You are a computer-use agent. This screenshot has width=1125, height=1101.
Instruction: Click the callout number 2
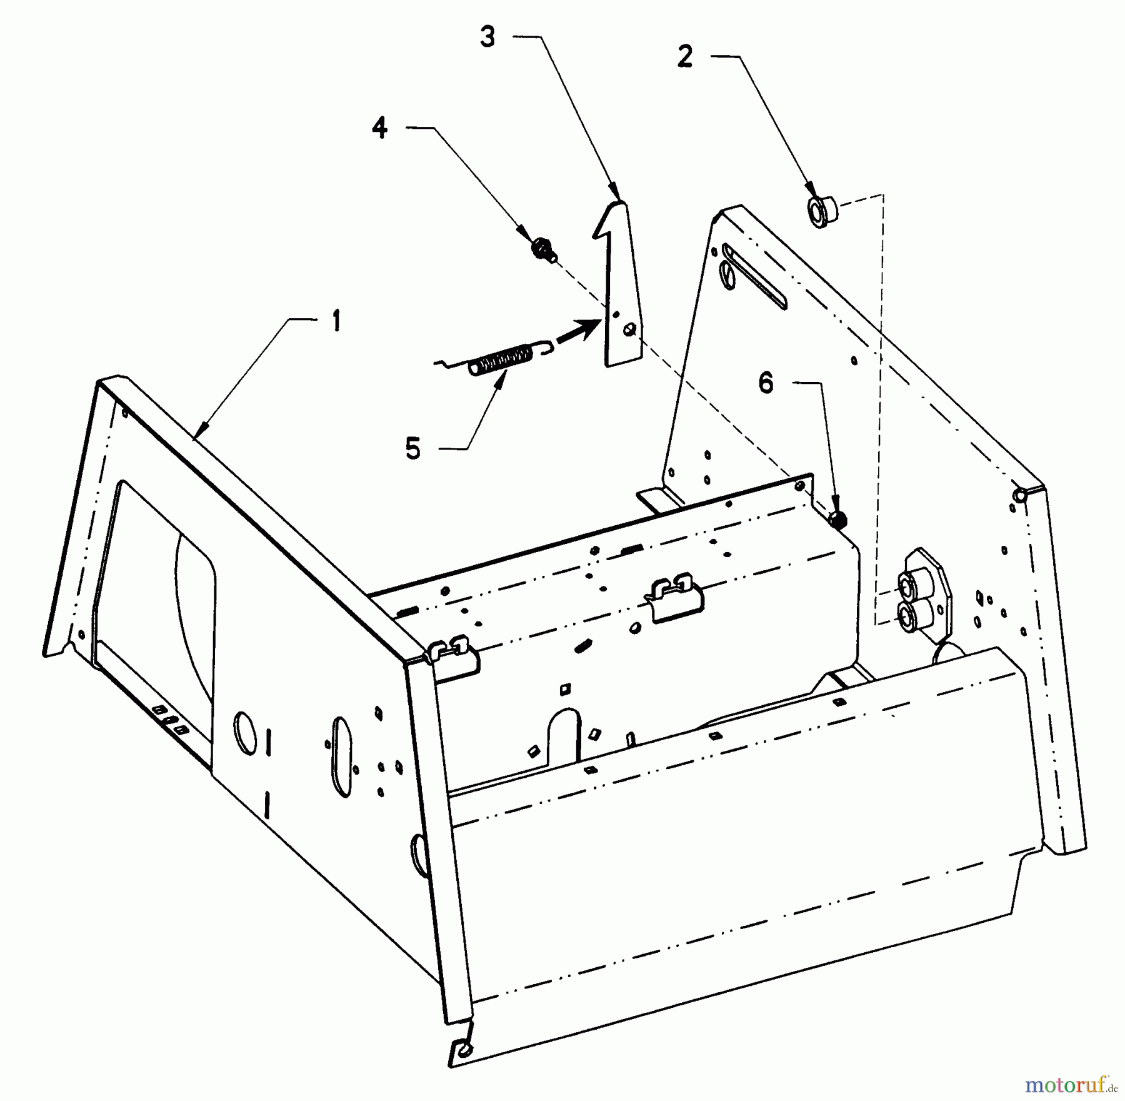[x=685, y=58]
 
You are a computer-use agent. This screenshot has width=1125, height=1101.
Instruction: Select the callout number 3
[x=487, y=37]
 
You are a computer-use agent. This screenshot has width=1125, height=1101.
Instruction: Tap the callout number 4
[x=379, y=128]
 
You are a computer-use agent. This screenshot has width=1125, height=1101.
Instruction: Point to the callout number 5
[x=412, y=449]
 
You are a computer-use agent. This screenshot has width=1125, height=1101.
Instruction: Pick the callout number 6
[x=766, y=383]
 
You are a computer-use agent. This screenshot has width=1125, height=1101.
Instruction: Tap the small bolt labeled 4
[x=542, y=249]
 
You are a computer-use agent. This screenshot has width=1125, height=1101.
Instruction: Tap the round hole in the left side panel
[x=244, y=732]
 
